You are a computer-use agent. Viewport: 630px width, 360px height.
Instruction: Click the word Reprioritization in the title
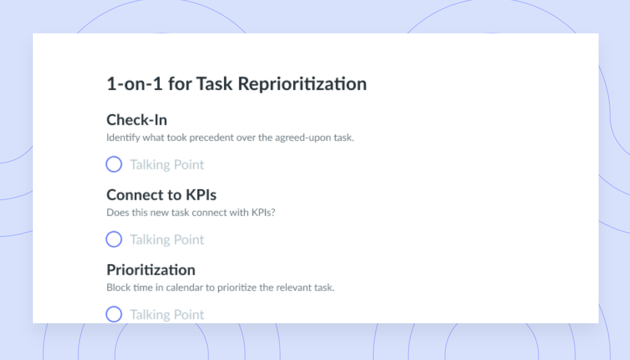point(302,84)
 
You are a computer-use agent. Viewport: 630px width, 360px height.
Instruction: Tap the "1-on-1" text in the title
point(134,84)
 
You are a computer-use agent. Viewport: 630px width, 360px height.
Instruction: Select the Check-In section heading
point(137,120)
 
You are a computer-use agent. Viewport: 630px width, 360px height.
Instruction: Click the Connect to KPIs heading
point(161,195)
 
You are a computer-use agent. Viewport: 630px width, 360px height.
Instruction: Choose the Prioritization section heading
point(151,270)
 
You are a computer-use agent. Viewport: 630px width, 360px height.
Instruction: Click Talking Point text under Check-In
point(167,165)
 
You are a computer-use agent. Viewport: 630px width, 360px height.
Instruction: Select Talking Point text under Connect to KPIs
point(167,240)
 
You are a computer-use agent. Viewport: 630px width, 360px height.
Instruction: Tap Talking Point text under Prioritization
point(167,315)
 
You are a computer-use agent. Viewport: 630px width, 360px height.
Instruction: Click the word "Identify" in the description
point(123,138)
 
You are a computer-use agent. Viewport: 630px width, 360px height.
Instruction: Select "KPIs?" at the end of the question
point(263,212)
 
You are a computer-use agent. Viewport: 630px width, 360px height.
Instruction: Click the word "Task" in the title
point(214,84)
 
